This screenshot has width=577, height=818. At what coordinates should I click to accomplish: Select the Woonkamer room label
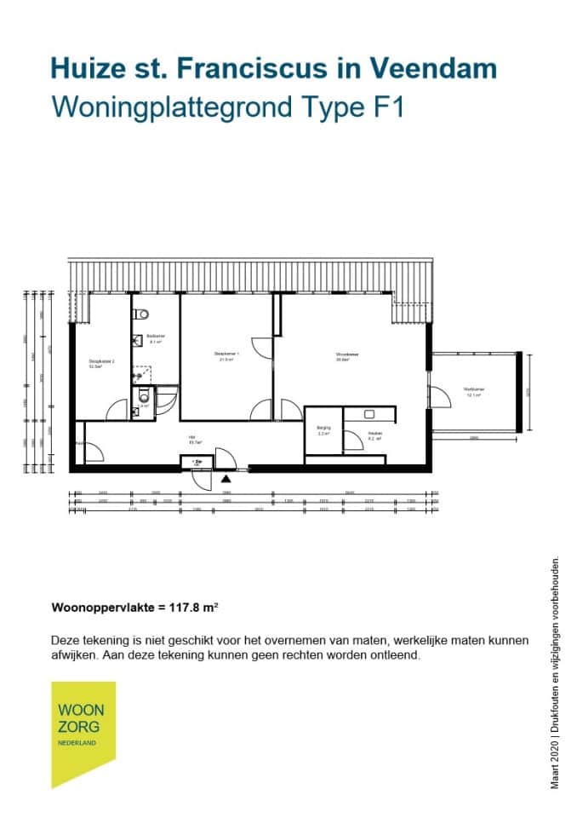click(x=346, y=356)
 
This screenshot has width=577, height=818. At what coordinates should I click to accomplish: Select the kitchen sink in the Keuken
click(x=369, y=414)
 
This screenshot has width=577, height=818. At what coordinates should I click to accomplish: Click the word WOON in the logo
click(x=81, y=711)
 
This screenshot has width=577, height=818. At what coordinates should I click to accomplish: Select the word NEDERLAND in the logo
click(x=77, y=742)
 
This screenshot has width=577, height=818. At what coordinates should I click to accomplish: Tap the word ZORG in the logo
click(x=78, y=727)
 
